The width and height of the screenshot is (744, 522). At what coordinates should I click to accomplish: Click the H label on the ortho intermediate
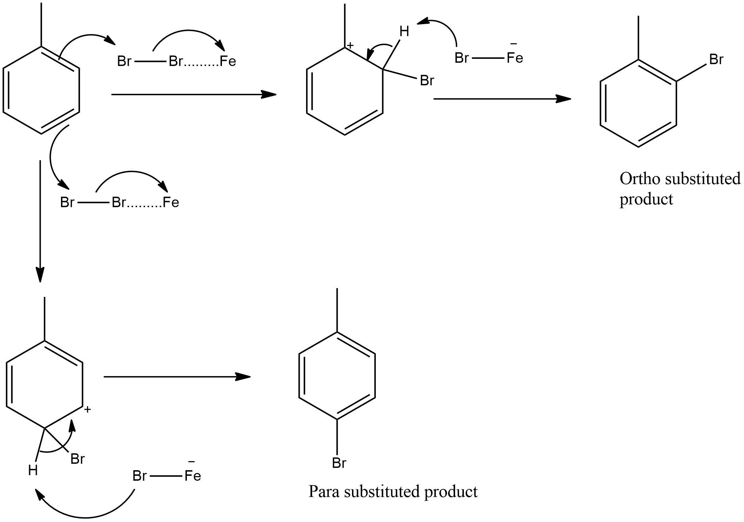click(x=404, y=32)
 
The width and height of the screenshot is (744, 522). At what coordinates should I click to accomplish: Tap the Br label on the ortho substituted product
click(x=716, y=60)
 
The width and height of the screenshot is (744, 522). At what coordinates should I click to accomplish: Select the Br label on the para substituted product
click(x=339, y=463)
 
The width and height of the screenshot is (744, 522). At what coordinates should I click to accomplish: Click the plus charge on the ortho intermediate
click(x=350, y=45)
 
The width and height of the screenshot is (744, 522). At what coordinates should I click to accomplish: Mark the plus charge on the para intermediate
click(x=88, y=409)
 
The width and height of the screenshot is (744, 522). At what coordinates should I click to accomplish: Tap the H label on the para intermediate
click(x=33, y=471)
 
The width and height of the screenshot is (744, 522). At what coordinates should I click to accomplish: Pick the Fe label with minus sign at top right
click(x=515, y=58)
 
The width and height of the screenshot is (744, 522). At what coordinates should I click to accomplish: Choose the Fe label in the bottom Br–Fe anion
click(x=192, y=476)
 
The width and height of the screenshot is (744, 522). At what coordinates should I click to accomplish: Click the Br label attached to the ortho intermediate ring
click(x=427, y=81)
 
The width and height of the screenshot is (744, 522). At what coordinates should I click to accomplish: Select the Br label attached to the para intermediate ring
click(x=77, y=459)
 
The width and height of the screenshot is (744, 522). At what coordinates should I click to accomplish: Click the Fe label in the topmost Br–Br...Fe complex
click(x=228, y=62)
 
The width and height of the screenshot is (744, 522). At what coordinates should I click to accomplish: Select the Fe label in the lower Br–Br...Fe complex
click(x=171, y=202)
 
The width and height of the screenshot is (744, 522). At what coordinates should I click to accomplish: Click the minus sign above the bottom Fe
click(x=191, y=462)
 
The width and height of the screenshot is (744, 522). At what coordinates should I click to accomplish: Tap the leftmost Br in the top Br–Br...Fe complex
click(x=124, y=62)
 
